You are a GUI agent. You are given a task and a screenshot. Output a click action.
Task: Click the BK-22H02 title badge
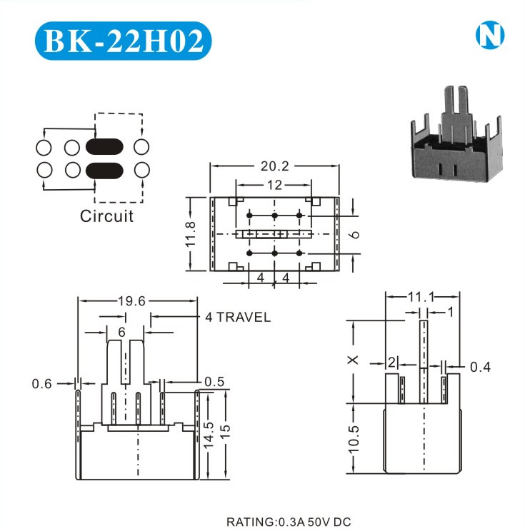click(x=124, y=41)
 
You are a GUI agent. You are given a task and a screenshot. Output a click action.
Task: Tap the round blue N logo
click(x=490, y=35)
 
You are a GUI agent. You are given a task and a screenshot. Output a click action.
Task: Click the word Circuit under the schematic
click(x=106, y=216)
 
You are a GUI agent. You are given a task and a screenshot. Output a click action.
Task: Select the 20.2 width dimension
click(x=275, y=166)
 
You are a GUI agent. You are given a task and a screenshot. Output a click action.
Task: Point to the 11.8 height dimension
click(x=191, y=234)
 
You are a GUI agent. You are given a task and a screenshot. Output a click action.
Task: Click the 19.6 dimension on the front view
click(x=131, y=300)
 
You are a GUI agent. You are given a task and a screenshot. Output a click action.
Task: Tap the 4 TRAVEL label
click(x=238, y=317)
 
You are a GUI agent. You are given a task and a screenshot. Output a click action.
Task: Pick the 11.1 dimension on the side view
click(x=421, y=297)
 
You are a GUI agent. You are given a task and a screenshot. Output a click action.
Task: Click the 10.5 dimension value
click(x=353, y=440)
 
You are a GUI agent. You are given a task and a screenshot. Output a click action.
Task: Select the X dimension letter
click(x=353, y=360)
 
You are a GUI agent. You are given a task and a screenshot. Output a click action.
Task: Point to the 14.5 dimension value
click(x=208, y=435)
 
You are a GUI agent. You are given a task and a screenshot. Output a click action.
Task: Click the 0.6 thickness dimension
click(x=41, y=384)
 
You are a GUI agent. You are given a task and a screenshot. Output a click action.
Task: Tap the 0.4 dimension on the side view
click(x=480, y=367)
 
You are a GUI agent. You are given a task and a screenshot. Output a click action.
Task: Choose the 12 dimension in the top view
click(x=274, y=185)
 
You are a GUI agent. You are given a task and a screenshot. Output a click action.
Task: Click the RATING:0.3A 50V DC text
click(x=289, y=522)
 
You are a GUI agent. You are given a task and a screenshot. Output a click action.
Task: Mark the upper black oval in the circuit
click(x=104, y=147)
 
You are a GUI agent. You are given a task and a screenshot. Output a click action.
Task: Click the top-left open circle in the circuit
click(x=44, y=148)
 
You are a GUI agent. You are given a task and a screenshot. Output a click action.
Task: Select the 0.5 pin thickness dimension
click(x=214, y=382)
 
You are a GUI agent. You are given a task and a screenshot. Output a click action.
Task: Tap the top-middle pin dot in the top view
click(x=274, y=216)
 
